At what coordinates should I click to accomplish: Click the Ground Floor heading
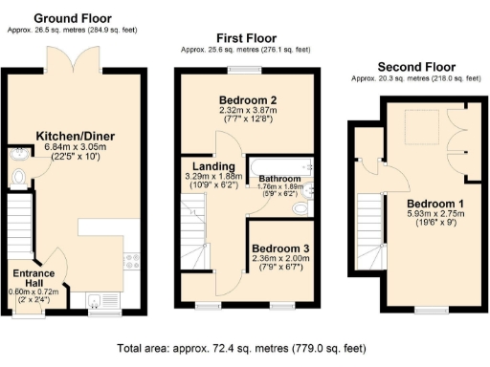73,18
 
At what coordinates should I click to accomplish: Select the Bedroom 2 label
247,100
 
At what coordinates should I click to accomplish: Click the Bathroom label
281,179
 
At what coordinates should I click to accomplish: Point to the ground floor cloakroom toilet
17,177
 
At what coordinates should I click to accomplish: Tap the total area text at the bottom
245,349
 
